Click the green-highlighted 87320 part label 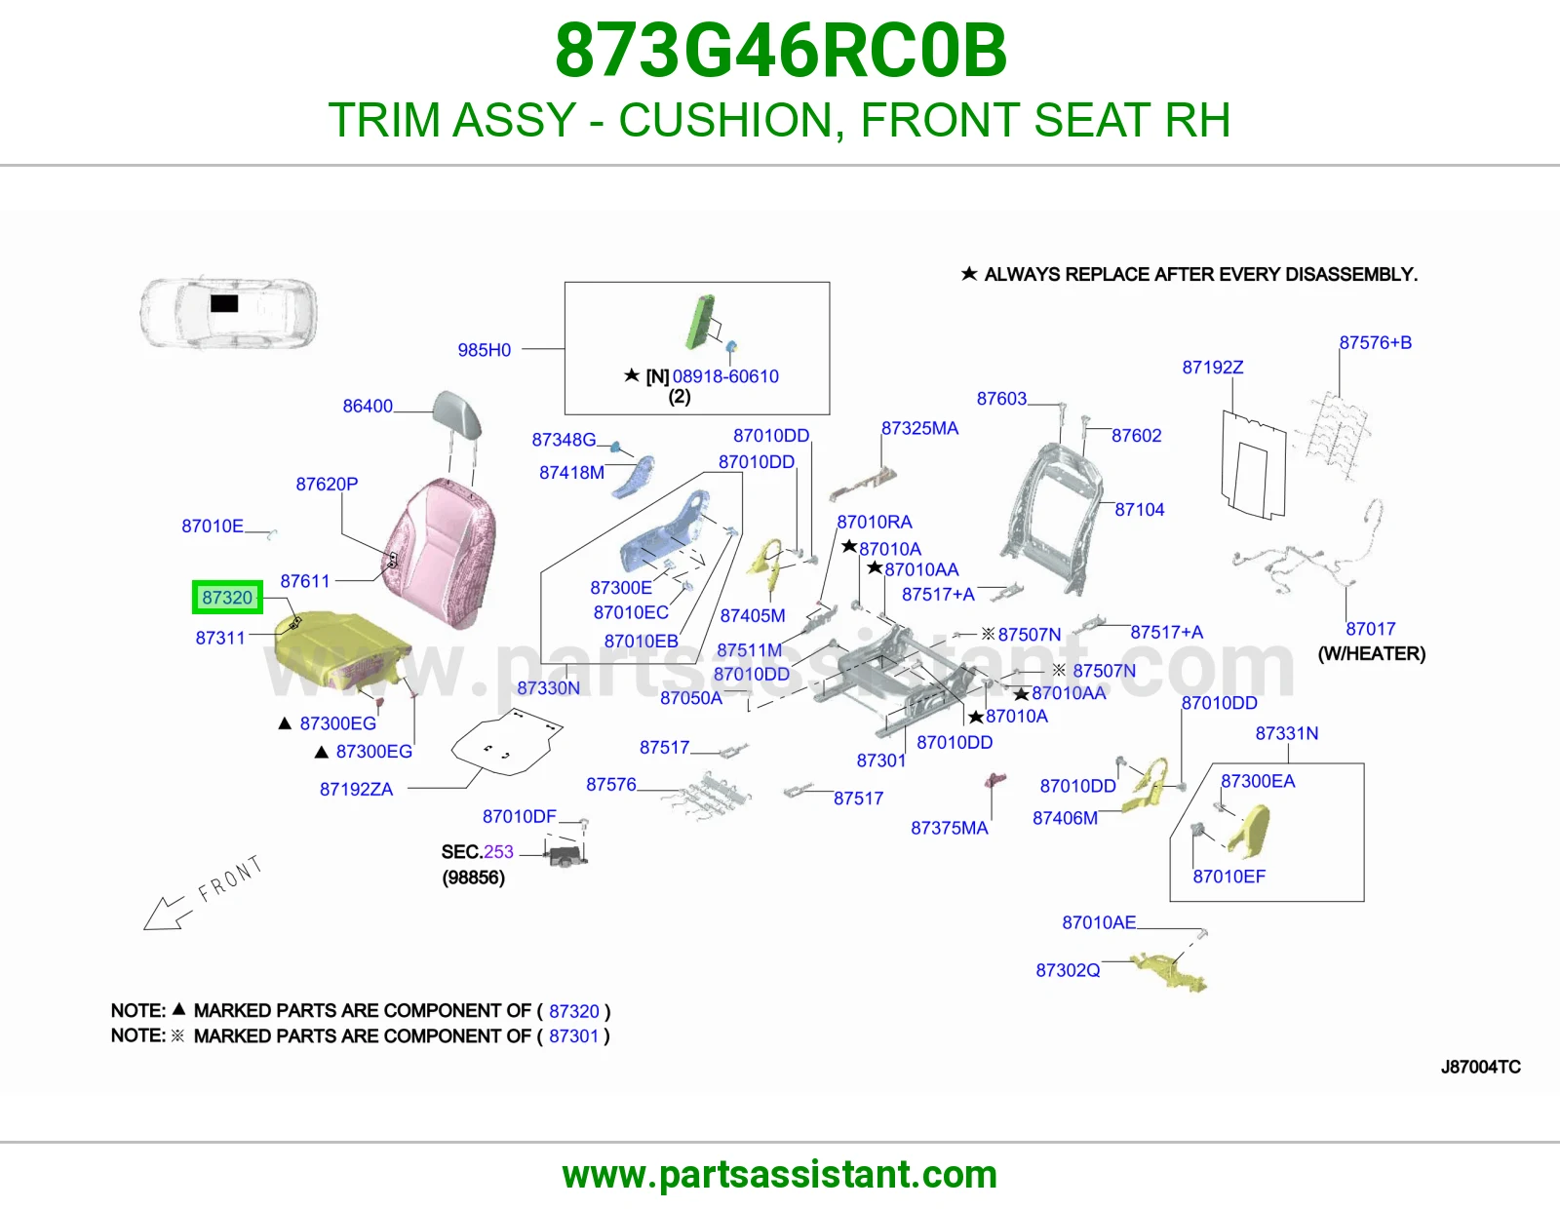227,598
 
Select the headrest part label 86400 368,407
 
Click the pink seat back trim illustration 440,552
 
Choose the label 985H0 485,350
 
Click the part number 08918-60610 725,376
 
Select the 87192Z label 1213,368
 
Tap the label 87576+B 1376,342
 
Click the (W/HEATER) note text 1372,654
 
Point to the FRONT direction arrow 168,914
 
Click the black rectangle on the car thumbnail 224,303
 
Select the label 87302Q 1068,971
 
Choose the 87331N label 1286,734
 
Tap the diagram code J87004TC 1480,1067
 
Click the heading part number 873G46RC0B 781,51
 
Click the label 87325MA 919,429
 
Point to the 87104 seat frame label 1140,510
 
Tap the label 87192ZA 356,790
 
